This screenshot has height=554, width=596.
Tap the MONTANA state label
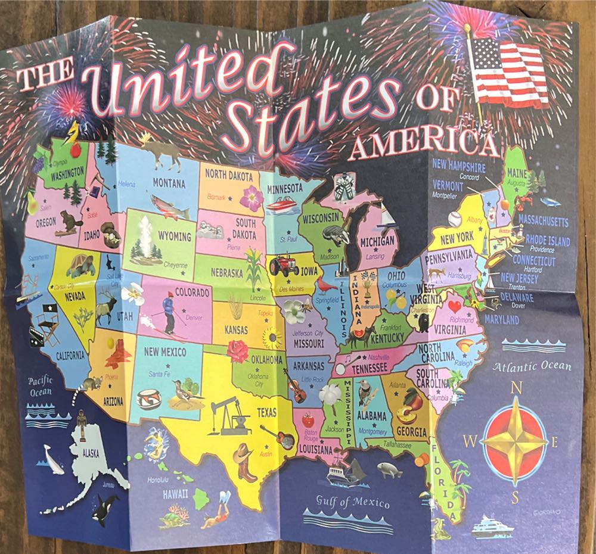169,182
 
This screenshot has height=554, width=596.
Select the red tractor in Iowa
284,265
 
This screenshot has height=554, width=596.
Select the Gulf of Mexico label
353,501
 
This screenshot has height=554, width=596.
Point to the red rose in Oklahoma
238,350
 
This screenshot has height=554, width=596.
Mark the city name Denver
194,318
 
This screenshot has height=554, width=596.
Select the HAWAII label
176,493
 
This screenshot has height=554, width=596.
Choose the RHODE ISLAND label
547,239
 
